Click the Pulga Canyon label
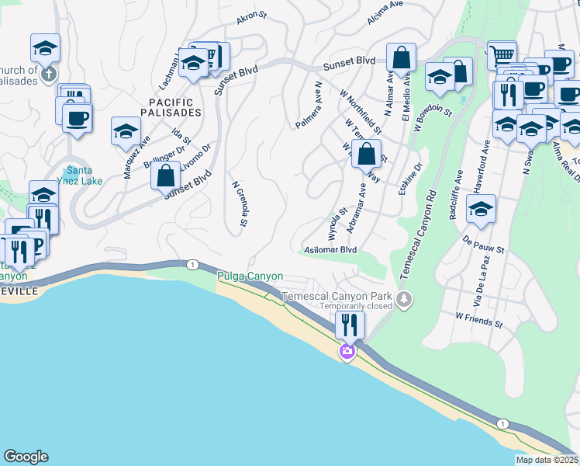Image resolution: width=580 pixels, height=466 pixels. point(250,276)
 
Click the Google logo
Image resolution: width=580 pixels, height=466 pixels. point(26,457)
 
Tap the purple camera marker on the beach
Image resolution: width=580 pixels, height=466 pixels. point(347,353)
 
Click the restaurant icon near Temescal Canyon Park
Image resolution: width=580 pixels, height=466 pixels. point(350,324)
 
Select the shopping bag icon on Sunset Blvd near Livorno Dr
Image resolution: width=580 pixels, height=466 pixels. point(166,176)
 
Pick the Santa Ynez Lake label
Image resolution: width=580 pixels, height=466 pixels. point(85,176)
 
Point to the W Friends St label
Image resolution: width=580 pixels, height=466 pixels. point(480,318)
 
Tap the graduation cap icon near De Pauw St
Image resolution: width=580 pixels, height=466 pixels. point(482,209)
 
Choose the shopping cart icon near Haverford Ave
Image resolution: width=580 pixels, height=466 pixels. point(502,54)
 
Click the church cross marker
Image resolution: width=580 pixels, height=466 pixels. point(48,75)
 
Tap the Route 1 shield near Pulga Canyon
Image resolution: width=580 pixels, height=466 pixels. point(191,265)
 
